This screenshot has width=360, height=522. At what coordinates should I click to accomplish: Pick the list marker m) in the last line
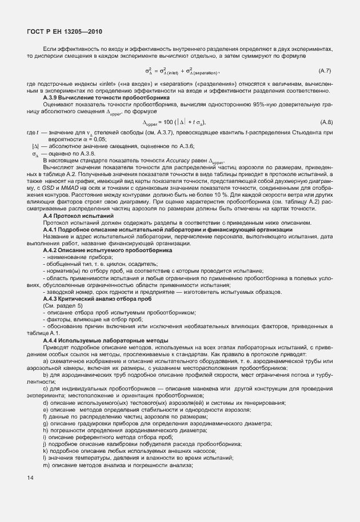(46, 465)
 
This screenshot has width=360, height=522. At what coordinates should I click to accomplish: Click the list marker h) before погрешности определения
(45, 431)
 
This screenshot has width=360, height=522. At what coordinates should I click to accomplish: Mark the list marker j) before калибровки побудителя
(45, 444)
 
